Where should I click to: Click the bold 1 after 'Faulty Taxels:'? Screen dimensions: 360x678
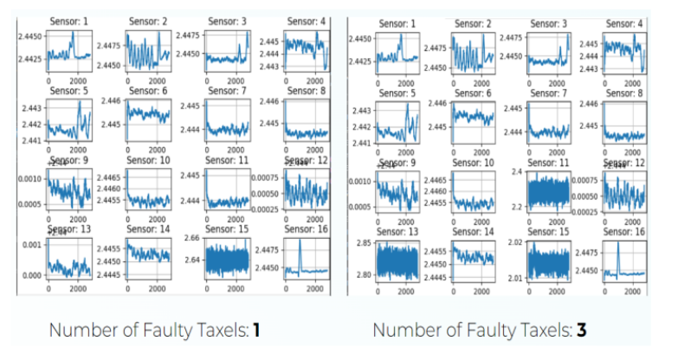257,330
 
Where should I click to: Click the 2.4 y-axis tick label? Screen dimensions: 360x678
517,172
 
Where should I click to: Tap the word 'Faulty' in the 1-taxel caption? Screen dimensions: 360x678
160,330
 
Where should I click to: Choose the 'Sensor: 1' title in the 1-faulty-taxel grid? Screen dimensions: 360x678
68,19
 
